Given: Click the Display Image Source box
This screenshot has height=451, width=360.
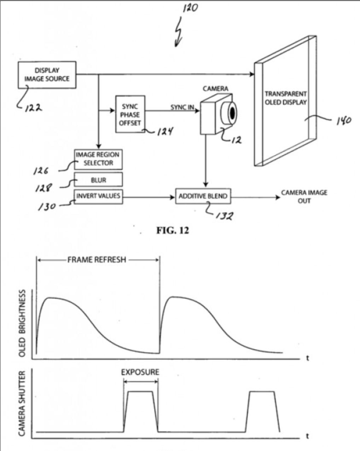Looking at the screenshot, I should point(47,75).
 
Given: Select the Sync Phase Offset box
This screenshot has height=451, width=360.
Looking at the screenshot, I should point(130,114).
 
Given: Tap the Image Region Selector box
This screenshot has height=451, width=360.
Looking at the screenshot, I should point(98,159).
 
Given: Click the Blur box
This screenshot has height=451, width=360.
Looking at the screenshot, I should point(98,180).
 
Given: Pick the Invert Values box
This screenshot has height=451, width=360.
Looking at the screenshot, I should point(98,196).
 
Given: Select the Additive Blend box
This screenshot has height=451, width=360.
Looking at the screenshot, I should point(203,196).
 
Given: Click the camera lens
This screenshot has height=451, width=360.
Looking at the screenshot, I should point(232,113).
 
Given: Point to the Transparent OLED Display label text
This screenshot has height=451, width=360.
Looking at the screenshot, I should point(286,98).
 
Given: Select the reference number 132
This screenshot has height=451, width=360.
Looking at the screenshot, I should point(224,216).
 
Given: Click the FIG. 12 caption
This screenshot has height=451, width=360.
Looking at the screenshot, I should point(173,230).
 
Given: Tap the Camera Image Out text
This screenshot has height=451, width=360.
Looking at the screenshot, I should point(304,196).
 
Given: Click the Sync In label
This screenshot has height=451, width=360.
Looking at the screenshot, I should point(182,107).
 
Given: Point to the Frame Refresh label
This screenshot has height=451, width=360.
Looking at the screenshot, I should point(97,259).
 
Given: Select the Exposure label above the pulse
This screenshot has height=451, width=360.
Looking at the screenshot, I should point(140,372).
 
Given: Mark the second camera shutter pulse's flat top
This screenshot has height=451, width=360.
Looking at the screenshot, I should point(262,391).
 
